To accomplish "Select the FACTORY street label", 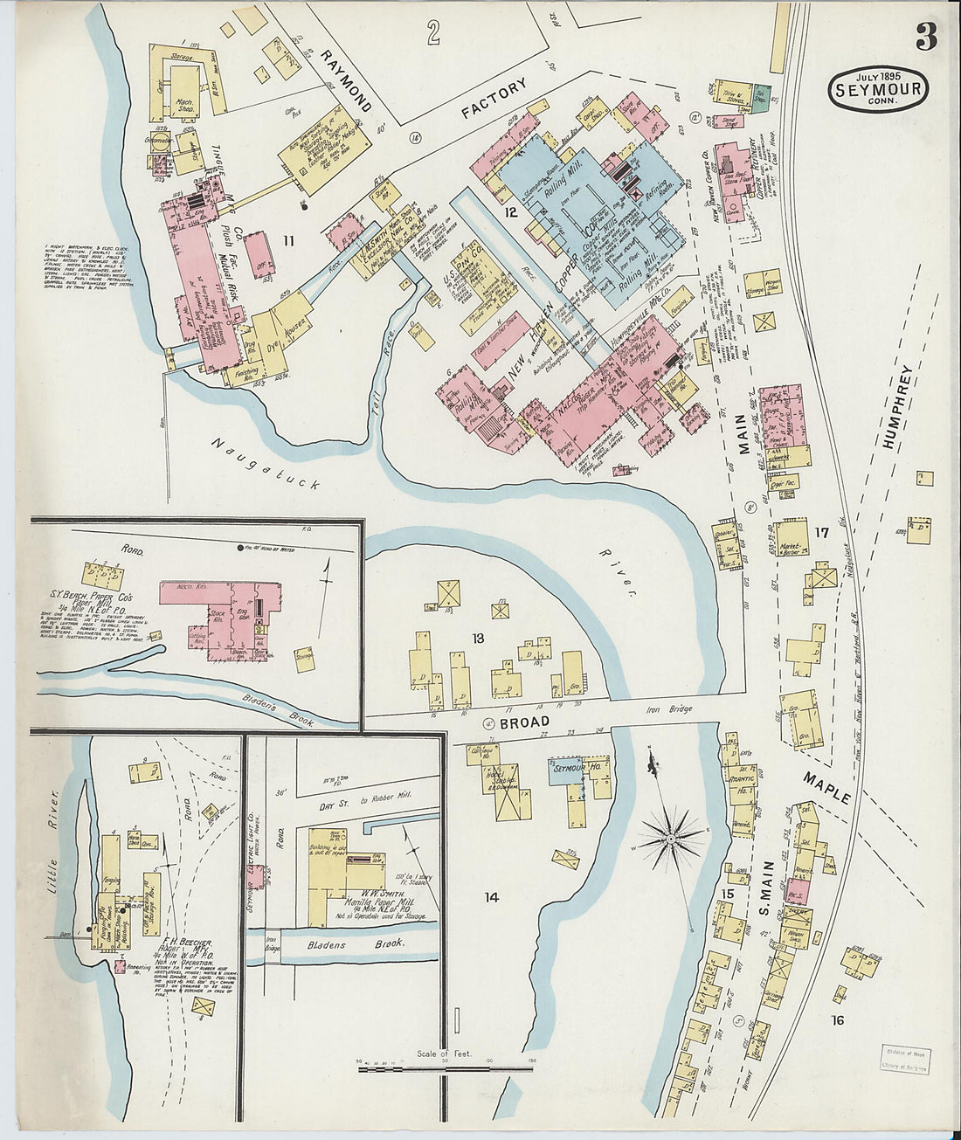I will click(495, 98).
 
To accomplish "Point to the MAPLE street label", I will click(827, 787).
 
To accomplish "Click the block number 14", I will click(492, 896).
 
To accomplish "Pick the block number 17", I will click(821, 532).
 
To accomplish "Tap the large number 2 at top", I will click(432, 33).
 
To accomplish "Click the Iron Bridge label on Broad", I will click(669, 709).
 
